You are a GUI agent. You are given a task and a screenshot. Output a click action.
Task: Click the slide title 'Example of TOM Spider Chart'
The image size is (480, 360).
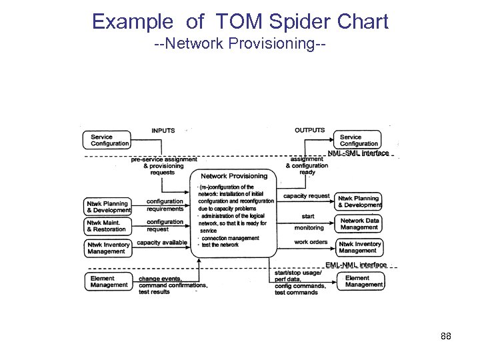coord(240,21)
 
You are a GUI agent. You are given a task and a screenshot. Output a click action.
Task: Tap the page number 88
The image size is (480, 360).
coord(446,336)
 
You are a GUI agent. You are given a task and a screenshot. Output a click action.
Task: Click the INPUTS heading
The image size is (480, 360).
coord(163,131)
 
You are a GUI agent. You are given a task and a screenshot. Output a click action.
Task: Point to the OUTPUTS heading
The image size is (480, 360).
coord(310,131)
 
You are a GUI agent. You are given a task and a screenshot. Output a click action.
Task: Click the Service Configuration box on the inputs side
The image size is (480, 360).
coord(107,140)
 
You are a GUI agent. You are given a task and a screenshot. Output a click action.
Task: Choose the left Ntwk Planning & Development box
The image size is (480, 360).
coord(107,207)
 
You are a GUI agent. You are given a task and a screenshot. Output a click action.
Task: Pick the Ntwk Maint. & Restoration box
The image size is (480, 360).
coord(107,226)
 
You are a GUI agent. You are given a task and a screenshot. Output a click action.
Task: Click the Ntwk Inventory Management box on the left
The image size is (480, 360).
coord(107,248)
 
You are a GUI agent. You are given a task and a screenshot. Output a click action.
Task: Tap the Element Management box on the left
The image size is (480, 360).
coord(107,281)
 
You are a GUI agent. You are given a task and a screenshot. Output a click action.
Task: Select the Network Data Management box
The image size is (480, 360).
coord(359,224)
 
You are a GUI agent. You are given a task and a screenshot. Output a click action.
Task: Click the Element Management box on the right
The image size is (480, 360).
coord(359,281)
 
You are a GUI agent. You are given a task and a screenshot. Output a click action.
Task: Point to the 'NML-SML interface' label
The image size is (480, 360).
coord(359,153)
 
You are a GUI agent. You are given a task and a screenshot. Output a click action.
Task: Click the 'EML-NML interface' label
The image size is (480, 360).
coord(356,265)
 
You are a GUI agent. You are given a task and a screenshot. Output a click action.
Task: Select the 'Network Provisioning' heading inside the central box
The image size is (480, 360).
coord(233,176)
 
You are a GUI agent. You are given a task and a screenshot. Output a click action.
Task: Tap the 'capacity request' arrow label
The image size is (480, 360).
coord(306,196)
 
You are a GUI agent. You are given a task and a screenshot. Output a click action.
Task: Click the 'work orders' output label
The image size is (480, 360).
coord(311,242)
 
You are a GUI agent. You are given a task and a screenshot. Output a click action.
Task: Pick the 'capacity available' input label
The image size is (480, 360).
coord(162,243)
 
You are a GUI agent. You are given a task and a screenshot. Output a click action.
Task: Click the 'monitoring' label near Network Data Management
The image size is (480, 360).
coord(309,227)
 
